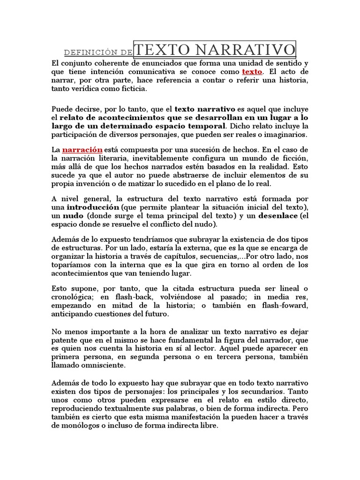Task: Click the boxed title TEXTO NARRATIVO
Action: (215, 49)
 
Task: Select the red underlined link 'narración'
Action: (82, 149)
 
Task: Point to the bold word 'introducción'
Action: (93, 207)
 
